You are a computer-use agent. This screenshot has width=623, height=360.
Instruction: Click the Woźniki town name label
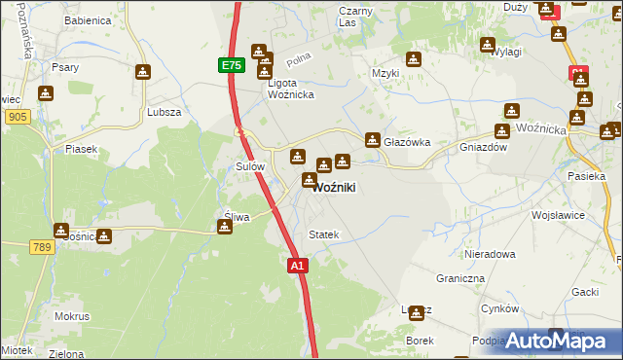339,188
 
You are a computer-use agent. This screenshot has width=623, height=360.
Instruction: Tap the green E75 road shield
231,65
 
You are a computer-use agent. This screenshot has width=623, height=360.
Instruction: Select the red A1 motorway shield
298,264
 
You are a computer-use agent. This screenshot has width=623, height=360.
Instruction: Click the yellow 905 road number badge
17,117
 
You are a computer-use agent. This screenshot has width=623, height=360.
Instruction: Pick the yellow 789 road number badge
41,248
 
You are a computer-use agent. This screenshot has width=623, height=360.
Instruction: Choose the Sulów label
251,166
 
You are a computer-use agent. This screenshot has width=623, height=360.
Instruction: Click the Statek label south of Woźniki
323,234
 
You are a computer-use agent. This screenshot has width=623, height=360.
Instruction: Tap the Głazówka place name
407,142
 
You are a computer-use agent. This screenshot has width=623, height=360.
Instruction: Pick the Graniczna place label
460,277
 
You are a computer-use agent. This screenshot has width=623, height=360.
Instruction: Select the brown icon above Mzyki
415,58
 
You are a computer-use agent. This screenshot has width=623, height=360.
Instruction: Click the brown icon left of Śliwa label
225,228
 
